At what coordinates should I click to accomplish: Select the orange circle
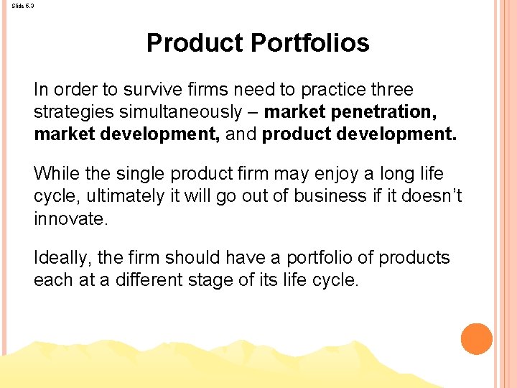(x=476, y=339)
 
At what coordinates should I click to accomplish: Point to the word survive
(x=154, y=90)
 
